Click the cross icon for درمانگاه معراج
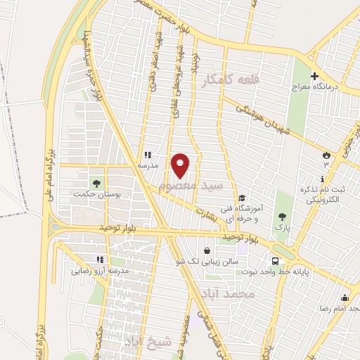click(314, 76)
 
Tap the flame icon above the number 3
click(326, 154)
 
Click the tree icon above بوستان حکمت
click(96, 184)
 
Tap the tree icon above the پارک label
click(282, 217)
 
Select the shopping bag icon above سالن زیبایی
click(206, 250)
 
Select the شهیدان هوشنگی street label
click(266, 120)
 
